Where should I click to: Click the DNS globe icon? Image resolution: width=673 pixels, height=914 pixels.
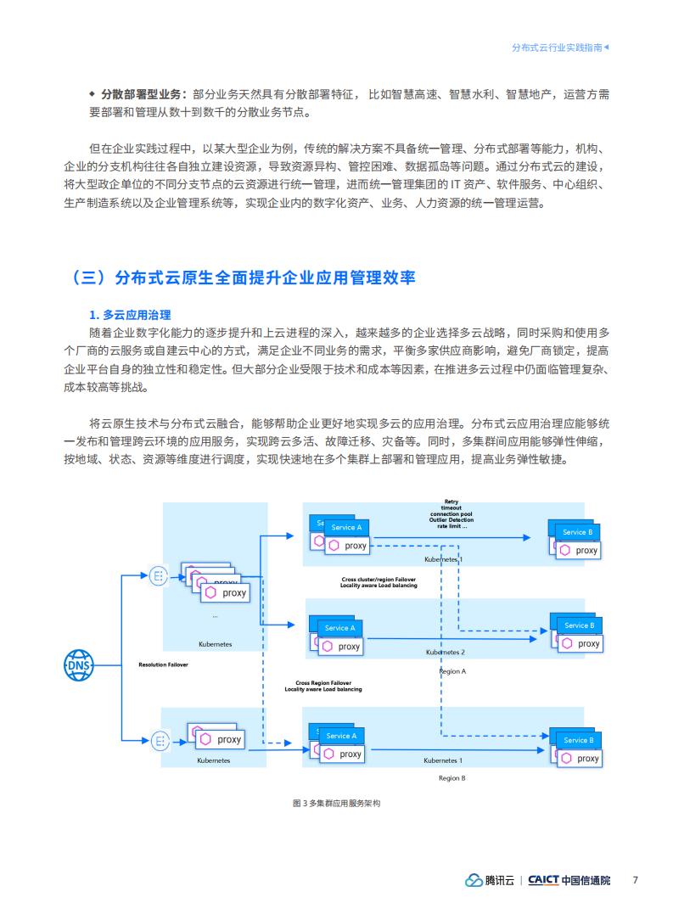point(79,665)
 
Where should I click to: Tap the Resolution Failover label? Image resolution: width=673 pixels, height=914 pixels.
point(163,664)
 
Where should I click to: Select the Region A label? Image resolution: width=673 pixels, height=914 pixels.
point(452,671)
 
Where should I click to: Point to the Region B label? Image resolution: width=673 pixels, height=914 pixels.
point(452,778)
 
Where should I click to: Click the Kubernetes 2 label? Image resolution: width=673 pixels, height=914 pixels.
point(446,653)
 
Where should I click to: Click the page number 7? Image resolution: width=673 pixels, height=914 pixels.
point(635,880)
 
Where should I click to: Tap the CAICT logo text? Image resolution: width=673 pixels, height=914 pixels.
point(543,880)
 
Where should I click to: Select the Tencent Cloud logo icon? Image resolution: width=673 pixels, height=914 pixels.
point(474,880)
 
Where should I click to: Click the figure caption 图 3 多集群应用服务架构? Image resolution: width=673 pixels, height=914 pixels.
point(336,803)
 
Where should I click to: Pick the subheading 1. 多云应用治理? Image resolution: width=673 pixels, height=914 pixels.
point(130,315)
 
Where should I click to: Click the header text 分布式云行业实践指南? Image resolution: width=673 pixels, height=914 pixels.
point(557,48)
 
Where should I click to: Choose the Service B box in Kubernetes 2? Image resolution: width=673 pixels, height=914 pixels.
point(579,625)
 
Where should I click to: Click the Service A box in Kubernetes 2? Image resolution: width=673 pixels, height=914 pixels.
point(339,628)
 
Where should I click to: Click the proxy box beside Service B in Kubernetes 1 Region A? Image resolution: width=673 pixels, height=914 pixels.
point(580,550)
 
